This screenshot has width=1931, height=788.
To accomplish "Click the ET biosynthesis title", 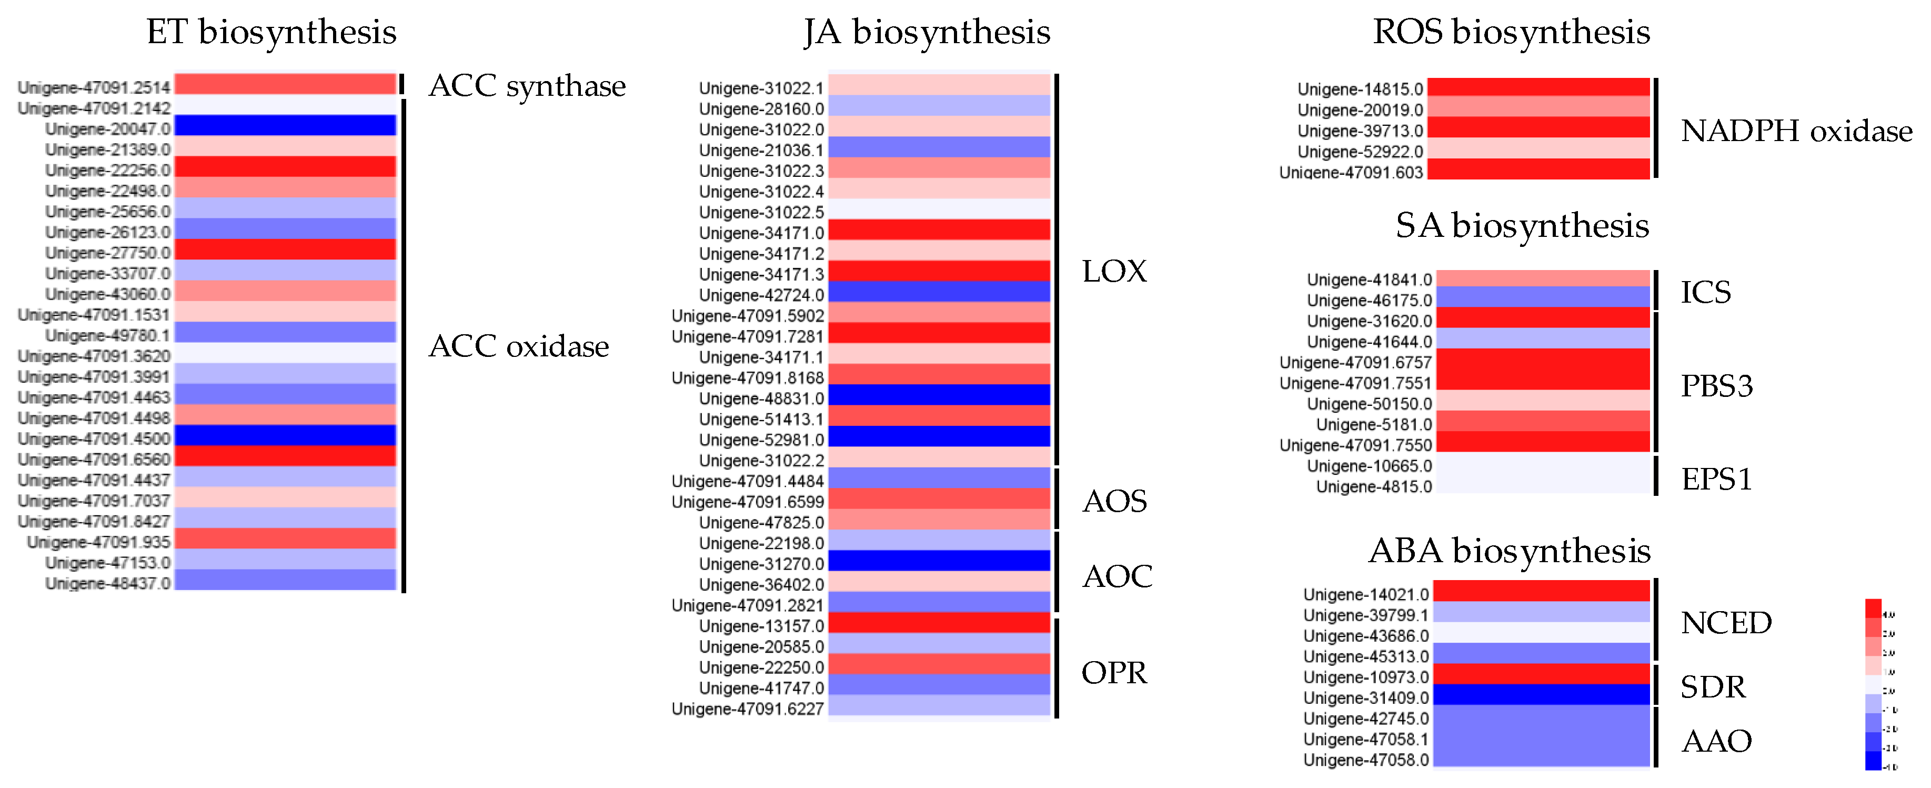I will (271, 32).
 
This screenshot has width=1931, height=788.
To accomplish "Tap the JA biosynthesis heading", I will (927, 32).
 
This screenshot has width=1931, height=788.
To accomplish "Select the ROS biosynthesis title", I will (1511, 32).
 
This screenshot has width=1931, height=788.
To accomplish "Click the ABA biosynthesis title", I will (1509, 551).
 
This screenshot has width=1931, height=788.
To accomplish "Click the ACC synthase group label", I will (527, 86).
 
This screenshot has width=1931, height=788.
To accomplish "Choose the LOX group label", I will (1114, 272).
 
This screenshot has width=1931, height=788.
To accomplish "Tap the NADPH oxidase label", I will (1796, 131).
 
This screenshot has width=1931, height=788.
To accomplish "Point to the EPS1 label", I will (1716, 479).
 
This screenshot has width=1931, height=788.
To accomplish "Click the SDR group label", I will (1712, 687).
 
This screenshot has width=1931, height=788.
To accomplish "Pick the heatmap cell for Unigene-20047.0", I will (285, 126).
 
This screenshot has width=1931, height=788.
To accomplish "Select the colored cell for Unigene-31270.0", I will (939, 561).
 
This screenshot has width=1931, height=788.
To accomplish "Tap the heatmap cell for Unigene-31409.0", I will (1541, 695).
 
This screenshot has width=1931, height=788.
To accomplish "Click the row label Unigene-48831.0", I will (761, 399).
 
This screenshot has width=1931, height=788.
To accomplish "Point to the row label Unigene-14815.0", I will (1360, 89).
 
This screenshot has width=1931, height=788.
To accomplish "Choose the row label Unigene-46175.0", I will (1369, 301).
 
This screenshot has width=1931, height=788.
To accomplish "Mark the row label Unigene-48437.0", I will (107, 583).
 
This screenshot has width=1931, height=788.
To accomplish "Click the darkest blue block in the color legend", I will (1873, 761).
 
